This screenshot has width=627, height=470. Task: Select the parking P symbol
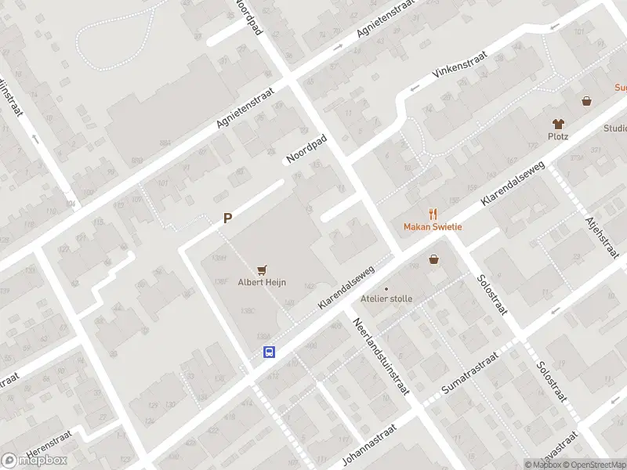(227, 219)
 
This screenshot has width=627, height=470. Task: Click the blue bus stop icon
(269, 352)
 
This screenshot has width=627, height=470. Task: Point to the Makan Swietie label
(433, 227)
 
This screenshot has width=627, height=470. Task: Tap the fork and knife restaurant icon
(433, 214)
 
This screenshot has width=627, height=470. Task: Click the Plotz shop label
(558, 136)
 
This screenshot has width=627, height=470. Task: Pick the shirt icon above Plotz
(558, 123)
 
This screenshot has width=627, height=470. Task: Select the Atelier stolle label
(386, 298)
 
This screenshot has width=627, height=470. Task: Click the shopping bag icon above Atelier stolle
(433, 259)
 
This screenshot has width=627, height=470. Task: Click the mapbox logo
(34, 461)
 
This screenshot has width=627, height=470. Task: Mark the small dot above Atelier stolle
(386, 288)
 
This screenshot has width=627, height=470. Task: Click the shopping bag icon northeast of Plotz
(586, 101)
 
